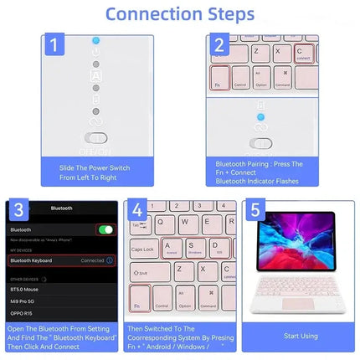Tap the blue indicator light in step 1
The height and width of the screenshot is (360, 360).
tap(96, 39)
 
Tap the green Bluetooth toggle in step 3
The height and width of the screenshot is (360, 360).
tap(105, 229)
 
